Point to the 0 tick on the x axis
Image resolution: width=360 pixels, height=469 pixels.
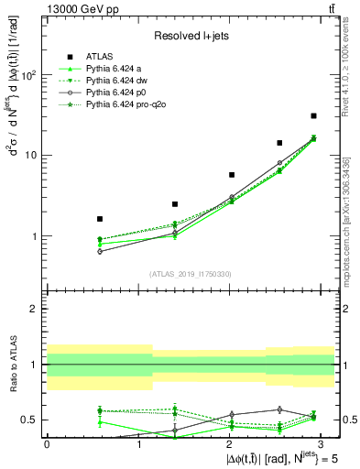tap(47, 442)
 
